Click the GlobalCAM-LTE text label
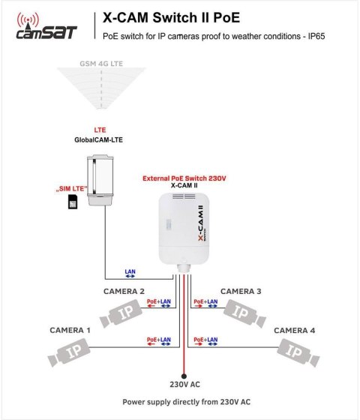[x=100, y=139]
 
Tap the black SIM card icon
[x=72, y=201]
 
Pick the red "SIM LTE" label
[x=71, y=187]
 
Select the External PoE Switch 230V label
[x=184, y=178]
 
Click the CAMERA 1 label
[x=70, y=330]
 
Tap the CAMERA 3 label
[x=241, y=291]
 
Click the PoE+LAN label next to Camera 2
[x=160, y=302]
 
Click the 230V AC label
[x=183, y=385]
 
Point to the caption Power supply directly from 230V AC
[x=181, y=402]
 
